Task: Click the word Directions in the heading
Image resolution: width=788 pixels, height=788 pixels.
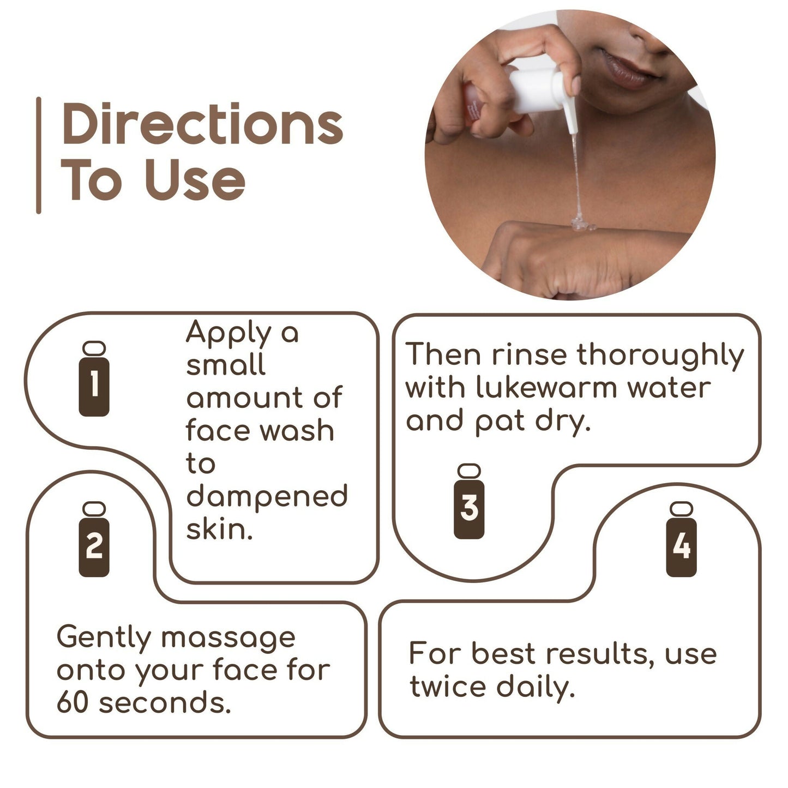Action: (202, 124)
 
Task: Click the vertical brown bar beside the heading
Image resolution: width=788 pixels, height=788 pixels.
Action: (39, 155)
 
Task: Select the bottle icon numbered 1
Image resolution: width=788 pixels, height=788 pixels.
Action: (94, 380)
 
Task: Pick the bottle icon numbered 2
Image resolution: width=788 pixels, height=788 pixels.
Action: (94, 540)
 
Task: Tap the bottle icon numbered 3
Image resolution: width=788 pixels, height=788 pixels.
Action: (469, 502)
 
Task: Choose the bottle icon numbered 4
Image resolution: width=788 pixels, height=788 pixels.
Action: (681, 540)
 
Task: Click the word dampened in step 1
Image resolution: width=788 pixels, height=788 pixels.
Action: (267, 497)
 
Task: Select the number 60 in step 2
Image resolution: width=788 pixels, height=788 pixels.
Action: (72, 702)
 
